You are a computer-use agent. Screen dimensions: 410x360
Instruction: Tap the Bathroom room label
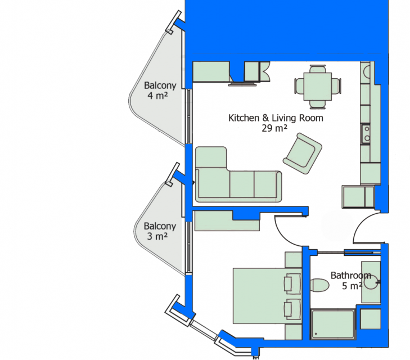351,275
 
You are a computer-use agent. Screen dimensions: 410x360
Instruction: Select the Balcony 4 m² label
160,91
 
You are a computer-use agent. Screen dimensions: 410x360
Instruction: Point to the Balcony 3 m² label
160,231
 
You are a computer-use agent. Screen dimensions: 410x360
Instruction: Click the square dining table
318,87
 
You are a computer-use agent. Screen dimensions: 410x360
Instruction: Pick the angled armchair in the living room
303,154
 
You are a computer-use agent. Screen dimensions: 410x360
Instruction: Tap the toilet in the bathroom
319,285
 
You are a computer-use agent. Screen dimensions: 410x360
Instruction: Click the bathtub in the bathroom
333,324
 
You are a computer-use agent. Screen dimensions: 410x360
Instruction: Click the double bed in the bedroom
267,296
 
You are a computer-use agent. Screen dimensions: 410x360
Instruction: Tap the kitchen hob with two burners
366,134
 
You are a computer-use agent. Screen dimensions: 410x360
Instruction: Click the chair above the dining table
318,69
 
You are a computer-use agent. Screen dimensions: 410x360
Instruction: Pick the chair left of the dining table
299,86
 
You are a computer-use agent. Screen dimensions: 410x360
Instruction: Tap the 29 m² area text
274,128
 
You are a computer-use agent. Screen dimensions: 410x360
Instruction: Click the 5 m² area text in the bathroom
352,286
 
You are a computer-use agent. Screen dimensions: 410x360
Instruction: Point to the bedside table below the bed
293,332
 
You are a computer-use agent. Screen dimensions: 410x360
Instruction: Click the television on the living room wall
242,84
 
